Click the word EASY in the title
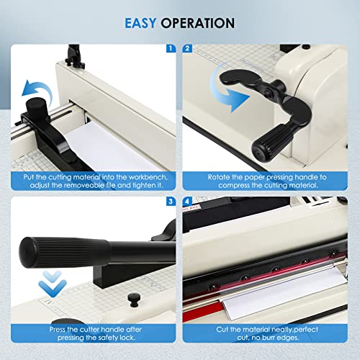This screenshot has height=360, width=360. coord(142,23)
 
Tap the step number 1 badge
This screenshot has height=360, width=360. coord(170,49)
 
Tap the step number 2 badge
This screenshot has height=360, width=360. coord(188,49)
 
